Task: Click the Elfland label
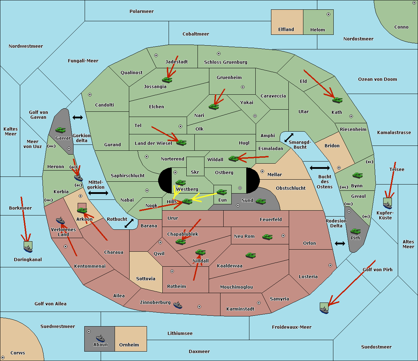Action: coord(286,30)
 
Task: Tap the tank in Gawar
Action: coord(60,130)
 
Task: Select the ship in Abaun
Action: coord(100,338)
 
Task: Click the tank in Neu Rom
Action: coord(268,237)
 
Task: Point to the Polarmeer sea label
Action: coord(141,11)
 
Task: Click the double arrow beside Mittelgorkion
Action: coord(98,193)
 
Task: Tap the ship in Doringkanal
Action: coord(28,248)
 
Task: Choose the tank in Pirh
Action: coord(355,231)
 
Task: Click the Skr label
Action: coord(195,172)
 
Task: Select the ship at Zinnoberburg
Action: coord(178,305)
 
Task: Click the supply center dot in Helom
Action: coord(328,14)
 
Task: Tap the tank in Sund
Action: coord(261,201)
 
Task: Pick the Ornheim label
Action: coord(129,345)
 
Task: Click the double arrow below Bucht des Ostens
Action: coord(340,243)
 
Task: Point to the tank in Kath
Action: coord(337,100)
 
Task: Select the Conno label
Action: coord(401,27)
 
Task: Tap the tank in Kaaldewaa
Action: coord(250,255)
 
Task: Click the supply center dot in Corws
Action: coord(3,358)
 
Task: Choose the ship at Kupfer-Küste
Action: coord(387,205)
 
